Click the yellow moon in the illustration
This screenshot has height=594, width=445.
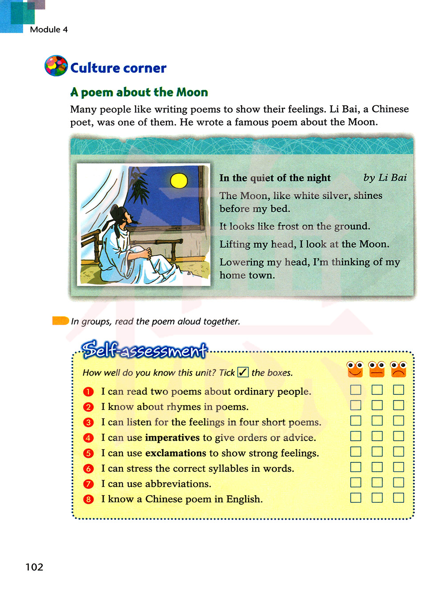click(179, 181)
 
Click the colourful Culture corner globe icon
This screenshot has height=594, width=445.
click(56, 66)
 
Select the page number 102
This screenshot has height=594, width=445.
click(34, 567)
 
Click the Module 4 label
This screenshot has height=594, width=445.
click(49, 30)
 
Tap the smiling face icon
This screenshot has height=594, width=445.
click(355, 369)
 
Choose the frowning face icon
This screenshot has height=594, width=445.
click(398, 369)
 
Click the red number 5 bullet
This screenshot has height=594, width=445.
click(89, 454)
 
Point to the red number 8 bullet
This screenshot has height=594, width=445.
click(89, 499)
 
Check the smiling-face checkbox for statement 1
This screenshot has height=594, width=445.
click(356, 390)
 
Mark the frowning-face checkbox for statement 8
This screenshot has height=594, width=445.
click(398, 498)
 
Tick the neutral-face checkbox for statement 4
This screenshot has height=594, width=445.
click(377, 436)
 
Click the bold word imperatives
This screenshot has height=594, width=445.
click(172, 438)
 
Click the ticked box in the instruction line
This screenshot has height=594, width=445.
click(243, 372)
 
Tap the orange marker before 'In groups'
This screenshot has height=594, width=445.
click(60, 321)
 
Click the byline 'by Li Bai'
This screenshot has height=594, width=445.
click(385, 178)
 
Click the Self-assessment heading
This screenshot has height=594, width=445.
click(145, 350)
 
